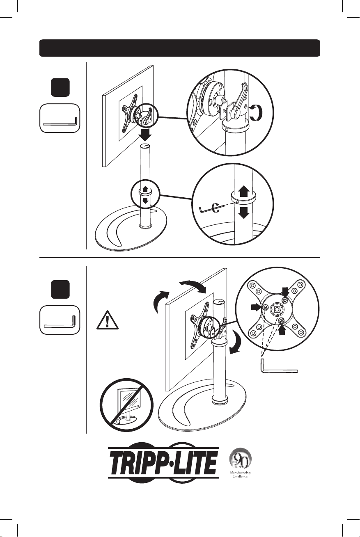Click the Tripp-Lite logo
[163, 462]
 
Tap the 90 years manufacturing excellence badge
[240, 463]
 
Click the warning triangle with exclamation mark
[107, 320]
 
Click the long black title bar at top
[180, 48]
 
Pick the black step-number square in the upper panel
[60, 87]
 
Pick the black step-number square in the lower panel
[60, 289]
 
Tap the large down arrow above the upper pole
[145, 135]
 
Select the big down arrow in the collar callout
[244, 213]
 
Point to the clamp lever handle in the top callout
[238, 100]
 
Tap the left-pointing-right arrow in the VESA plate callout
[256, 307]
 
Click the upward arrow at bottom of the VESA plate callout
[282, 330]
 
